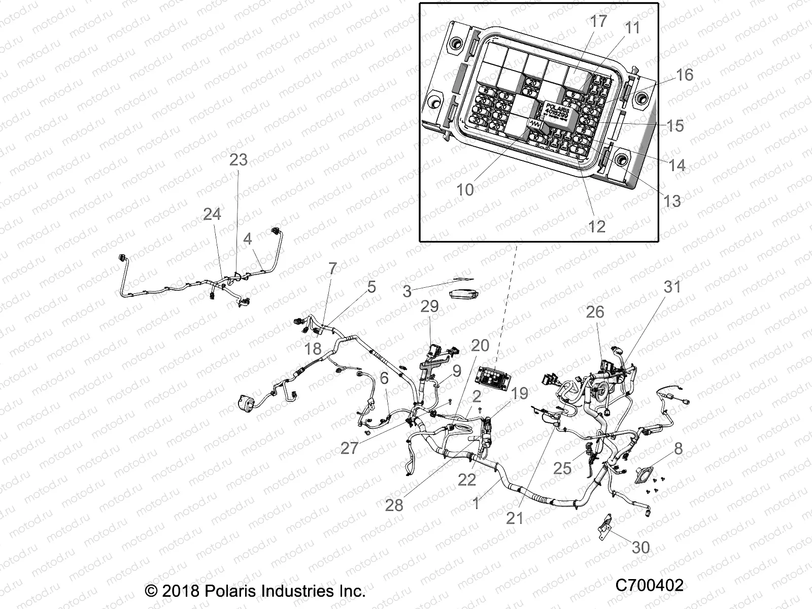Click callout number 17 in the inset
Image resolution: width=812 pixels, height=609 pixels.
[598, 22]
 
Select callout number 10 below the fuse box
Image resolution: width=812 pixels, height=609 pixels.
[465, 190]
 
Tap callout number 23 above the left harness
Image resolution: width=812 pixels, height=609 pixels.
[238, 159]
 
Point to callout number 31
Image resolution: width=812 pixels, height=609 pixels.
[672, 287]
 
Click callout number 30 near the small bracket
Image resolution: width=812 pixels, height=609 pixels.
[641, 547]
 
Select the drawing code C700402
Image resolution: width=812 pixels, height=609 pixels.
[649, 585]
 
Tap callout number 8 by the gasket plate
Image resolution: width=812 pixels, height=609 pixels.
[678, 449]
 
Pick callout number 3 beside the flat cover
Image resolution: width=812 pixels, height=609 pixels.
[407, 292]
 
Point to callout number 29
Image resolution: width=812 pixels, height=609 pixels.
[430, 307]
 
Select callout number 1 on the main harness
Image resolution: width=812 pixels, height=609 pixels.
[476, 504]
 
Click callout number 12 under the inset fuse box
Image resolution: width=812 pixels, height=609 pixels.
[597, 226]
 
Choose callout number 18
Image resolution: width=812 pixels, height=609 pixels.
[313, 349]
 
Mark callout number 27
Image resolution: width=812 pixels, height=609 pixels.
[349, 448]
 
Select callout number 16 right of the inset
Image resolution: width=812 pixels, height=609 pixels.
[684, 75]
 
